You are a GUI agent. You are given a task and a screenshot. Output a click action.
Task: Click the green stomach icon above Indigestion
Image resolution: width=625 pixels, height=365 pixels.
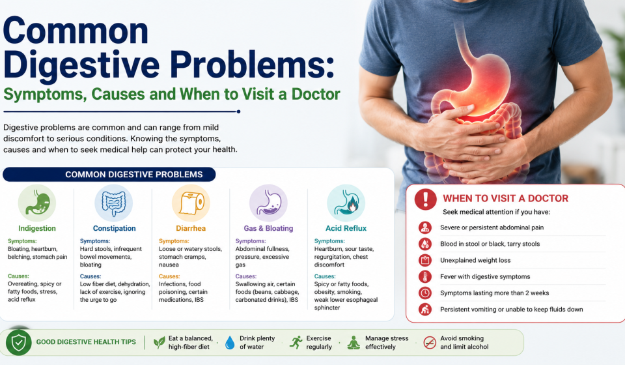[37, 203]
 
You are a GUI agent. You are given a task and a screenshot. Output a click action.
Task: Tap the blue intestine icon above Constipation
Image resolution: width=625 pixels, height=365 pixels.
[114, 203]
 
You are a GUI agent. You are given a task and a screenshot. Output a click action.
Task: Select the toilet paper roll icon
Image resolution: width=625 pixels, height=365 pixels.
[191, 203]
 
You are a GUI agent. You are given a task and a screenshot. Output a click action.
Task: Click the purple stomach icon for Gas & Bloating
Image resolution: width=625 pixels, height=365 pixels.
[268, 203]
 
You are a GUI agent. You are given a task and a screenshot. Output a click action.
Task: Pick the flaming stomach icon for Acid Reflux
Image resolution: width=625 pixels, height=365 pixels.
[346, 203]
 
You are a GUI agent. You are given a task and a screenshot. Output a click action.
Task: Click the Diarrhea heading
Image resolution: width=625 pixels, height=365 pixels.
[191, 228]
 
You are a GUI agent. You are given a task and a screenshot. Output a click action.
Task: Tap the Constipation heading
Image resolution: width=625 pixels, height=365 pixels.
[115, 228]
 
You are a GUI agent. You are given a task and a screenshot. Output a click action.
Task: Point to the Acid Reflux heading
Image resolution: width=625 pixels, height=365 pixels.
[346, 228]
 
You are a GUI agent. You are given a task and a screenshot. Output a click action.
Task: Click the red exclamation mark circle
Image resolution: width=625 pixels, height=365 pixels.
[425, 199]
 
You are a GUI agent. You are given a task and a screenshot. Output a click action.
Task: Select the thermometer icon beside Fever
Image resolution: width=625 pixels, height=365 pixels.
[425, 276]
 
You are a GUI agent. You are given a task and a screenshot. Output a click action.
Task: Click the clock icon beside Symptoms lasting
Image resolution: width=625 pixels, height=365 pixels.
[425, 293]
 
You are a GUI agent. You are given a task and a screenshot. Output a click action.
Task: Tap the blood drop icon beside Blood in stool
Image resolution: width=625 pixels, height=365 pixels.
[425, 244]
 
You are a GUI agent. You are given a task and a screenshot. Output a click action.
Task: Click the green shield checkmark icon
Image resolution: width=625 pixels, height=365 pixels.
[19, 342]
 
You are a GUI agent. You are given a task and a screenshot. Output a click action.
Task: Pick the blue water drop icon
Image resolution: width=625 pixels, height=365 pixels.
[230, 343]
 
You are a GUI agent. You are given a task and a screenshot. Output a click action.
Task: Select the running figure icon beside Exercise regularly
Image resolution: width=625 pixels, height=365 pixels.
[296, 342]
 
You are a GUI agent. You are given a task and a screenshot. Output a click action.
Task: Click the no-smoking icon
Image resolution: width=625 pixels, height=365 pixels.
[430, 342]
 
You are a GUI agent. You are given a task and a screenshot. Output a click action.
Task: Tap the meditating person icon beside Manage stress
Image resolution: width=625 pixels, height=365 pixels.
[353, 343]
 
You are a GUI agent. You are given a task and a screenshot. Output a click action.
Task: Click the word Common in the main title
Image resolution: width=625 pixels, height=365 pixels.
[76, 31]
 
